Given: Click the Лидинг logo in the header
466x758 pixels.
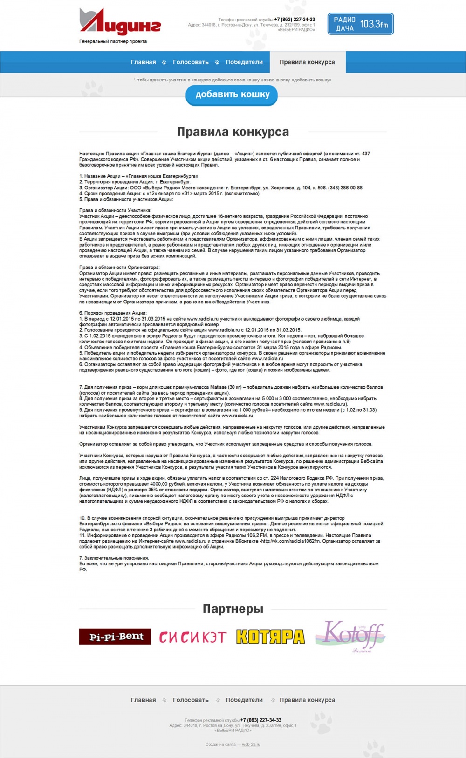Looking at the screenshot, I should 120,22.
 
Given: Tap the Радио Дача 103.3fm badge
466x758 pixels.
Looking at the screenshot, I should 360,24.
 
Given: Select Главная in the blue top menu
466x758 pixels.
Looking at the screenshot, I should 143,62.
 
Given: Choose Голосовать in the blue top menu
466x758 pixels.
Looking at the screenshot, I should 191,62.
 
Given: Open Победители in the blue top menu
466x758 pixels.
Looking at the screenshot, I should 244,62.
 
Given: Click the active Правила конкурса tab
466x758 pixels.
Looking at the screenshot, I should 307,62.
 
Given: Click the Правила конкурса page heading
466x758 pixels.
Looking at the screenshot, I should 233,132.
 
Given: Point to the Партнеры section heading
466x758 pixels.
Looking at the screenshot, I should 233,609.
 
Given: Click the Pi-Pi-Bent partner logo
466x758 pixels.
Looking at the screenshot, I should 115,637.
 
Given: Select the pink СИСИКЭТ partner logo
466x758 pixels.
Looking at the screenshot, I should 193,637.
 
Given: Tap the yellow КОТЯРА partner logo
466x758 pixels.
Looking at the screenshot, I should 270,637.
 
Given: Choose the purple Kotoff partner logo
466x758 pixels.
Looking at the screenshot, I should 350,635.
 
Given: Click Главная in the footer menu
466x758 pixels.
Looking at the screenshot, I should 143,700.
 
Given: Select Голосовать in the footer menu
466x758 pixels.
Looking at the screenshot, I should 191,700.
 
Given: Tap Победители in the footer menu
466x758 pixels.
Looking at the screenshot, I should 244,700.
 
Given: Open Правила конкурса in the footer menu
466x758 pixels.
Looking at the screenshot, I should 307,700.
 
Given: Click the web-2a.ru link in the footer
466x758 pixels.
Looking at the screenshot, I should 251,745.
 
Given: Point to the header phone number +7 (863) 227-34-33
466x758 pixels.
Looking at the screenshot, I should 295,20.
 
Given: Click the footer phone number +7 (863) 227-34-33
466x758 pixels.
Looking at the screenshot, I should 260,720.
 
